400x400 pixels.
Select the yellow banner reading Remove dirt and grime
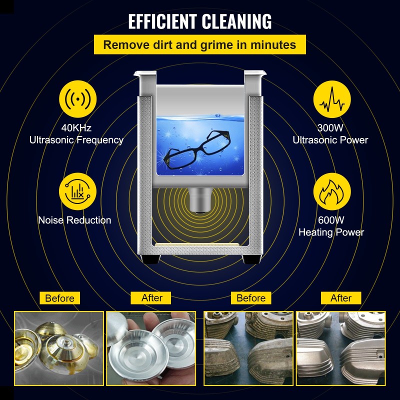pos(199,45)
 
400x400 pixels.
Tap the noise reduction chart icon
pos(76,190)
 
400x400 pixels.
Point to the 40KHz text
pos(76,128)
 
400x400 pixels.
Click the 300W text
pos(330,128)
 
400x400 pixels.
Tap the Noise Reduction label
pos(75,220)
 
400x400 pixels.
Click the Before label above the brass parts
pos(59,298)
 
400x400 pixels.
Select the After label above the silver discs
pos(152,298)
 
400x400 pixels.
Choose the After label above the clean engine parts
pos(341,298)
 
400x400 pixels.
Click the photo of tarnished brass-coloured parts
pos(59,348)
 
